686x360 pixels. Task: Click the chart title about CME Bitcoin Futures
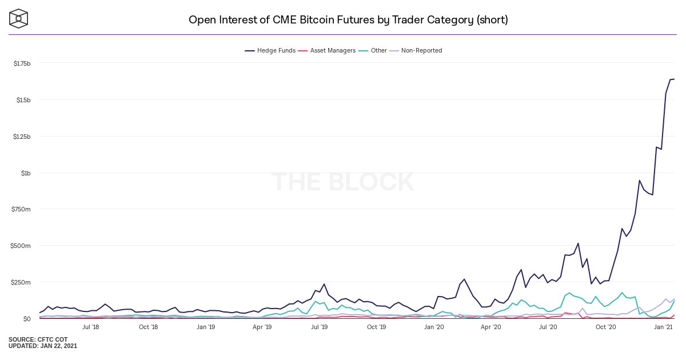[x=348, y=20]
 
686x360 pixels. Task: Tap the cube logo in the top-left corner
[x=19, y=18]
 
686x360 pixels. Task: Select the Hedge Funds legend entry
[x=270, y=50]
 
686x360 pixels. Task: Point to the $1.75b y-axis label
[x=22, y=63]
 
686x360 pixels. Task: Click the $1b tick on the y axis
[x=26, y=173]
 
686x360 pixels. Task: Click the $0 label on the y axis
[x=27, y=319]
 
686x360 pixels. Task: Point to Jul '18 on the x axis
[x=91, y=327]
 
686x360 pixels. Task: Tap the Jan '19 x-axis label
[x=205, y=327]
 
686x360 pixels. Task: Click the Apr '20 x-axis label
[x=491, y=327]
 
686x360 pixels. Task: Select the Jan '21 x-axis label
[x=663, y=327]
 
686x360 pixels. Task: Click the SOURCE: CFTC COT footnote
[x=37, y=339]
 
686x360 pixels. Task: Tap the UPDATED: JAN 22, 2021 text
[x=43, y=346]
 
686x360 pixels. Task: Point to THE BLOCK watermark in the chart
[x=342, y=182]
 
